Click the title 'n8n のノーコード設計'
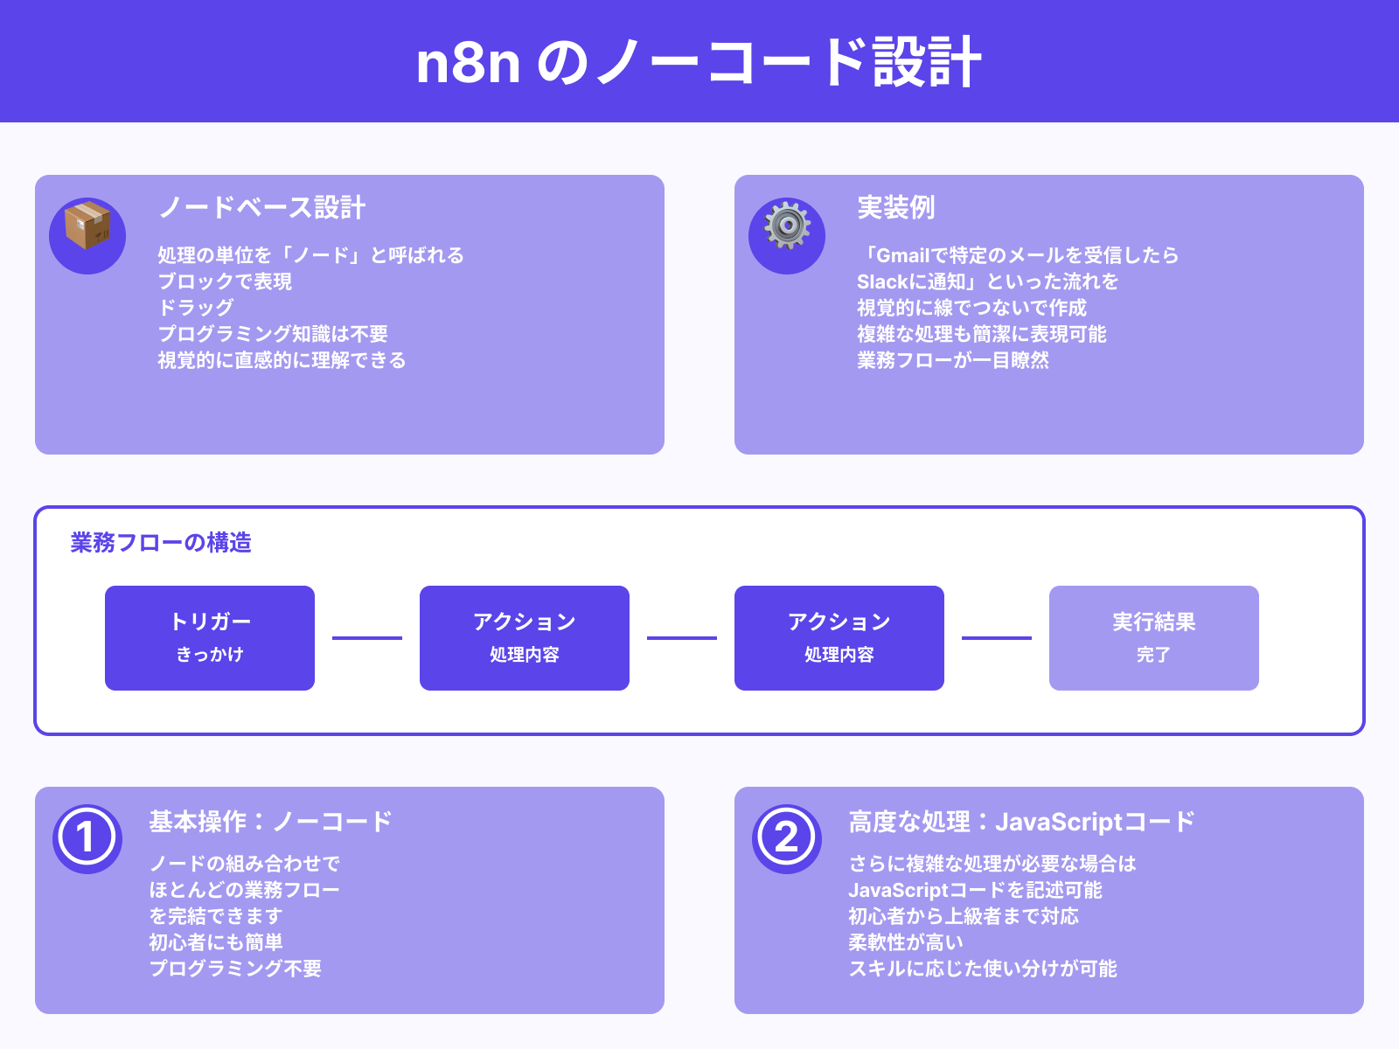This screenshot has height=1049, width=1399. [699, 62]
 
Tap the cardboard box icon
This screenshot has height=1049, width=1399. [87, 226]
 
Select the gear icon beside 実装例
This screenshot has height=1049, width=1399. [787, 226]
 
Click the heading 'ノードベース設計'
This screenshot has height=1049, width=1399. [261, 208]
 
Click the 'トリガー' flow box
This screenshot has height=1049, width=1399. [210, 638]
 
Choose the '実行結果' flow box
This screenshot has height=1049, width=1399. [1153, 638]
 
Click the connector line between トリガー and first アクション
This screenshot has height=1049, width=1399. [367, 638]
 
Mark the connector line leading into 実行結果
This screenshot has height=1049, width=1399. [997, 638]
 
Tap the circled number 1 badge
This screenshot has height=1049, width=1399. [87, 838]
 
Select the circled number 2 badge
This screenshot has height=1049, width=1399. [787, 838]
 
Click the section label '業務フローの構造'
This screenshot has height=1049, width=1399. [161, 543]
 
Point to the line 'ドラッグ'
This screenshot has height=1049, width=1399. [196, 308]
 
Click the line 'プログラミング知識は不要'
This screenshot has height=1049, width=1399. [273, 334]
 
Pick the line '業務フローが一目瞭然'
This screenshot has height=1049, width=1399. [952, 360]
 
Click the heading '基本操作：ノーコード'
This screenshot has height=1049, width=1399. [270, 822]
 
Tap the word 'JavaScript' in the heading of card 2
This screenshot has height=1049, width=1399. [1058, 822]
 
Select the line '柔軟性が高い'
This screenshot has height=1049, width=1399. [906, 942]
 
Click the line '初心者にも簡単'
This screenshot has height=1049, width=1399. [215, 942]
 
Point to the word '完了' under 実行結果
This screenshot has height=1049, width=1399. [1153, 655]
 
